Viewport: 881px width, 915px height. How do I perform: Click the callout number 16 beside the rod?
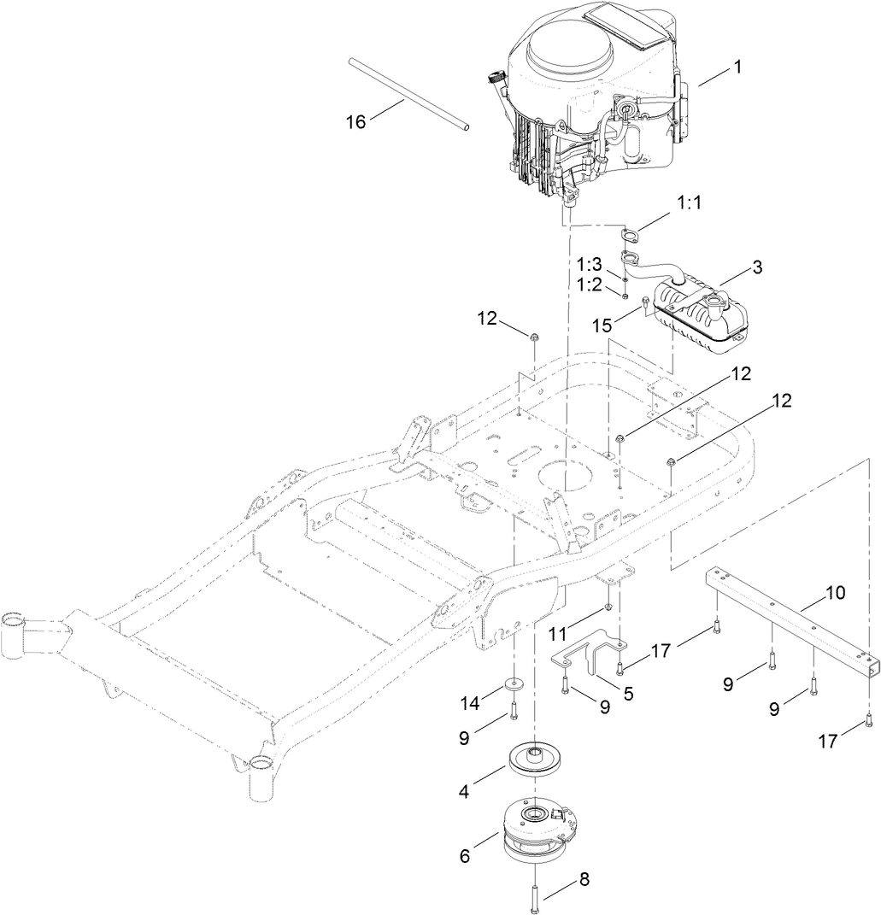tap(355, 122)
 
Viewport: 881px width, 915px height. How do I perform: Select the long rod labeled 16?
tap(408, 94)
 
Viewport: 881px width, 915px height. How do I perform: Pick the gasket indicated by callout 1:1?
tap(628, 236)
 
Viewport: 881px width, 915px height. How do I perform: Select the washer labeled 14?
tap(514, 683)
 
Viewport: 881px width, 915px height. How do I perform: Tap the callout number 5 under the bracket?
tap(628, 695)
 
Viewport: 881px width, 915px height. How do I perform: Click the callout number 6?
tap(465, 855)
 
